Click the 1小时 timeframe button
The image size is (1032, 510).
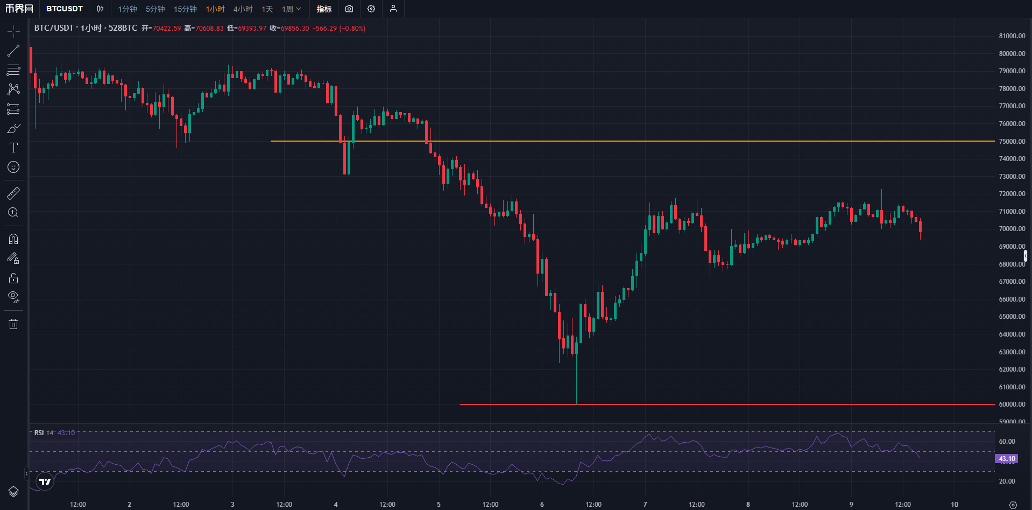click(x=215, y=9)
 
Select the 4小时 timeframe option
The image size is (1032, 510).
click(x=243, y=9)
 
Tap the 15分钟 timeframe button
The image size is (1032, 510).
click(x=185, y=9)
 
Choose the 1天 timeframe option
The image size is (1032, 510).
click(x=267, y=9)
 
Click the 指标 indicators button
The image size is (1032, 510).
click(x=324, y=9)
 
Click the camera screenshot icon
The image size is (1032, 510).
click(x=349, y=9)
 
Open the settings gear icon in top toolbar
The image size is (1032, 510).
click(x=371, y=9)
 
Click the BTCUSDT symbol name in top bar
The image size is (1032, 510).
click(x=65, y=9)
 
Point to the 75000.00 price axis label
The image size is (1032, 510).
click(x=1012, y=142)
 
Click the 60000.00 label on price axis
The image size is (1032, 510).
click(x=1012, y=404)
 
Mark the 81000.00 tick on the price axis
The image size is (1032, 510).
click(x=1012, y=36)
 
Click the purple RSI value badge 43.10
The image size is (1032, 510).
click(x=1006, y=459)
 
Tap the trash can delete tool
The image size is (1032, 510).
click(x=13, y=324)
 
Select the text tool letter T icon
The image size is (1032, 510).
click(x=13, y=148)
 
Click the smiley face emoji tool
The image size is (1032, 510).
click(x=13, y=167)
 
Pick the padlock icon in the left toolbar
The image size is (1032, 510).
click(x=13, y=278)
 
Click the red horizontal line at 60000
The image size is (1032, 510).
click(x=699, y=404)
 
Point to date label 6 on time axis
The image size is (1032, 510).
click(x=542, y=505)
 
